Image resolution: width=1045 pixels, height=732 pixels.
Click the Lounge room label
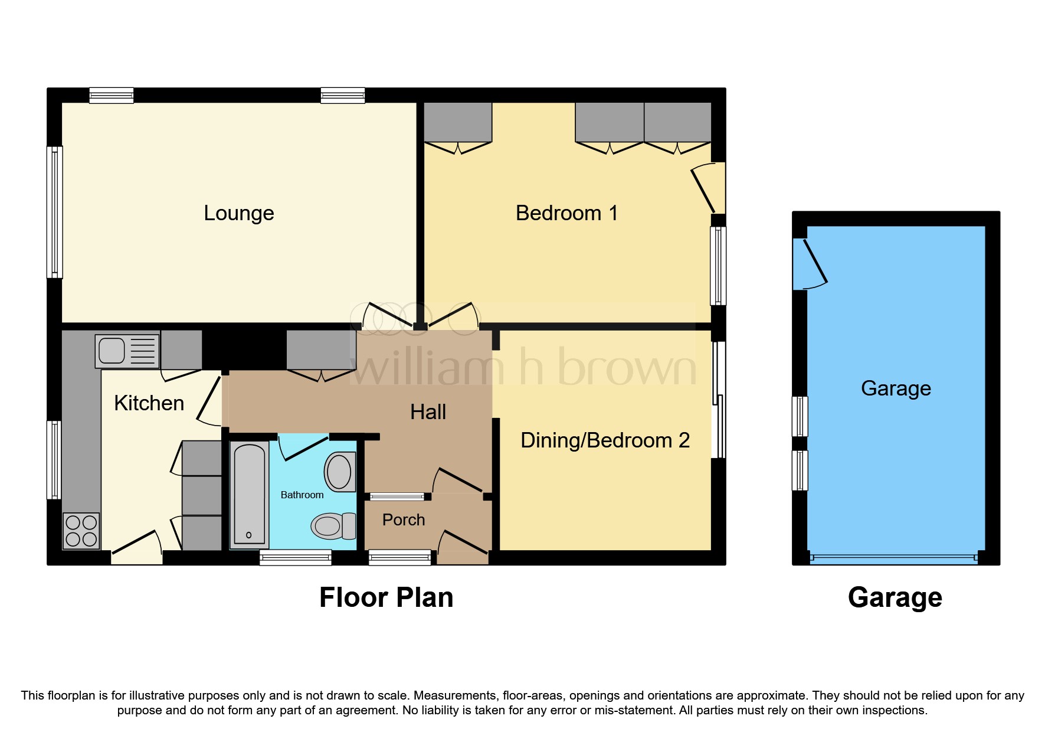(x=239, y=213)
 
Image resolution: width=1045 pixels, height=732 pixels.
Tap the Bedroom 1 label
(x=566, y=213)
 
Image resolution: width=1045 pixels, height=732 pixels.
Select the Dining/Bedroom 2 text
(x=605, y=440)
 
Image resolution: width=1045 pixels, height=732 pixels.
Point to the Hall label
(x=428, y=412)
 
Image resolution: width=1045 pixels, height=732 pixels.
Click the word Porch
(x=404, y=520)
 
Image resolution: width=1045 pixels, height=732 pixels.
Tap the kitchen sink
(x=127, y=351)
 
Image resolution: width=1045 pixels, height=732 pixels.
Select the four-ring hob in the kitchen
(x=81, y=530)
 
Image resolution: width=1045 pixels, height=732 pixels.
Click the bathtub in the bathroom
(x=249, y=495)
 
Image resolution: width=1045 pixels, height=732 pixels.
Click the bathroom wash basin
(x=340, y=472)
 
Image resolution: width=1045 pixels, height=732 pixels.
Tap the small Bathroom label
(x=302, y=495)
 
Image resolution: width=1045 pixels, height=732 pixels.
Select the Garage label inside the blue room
(x=896, y=388)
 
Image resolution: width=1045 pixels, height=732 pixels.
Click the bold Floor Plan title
(x=386, y=597)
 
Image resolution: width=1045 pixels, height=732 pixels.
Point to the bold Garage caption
(x=895, y=597)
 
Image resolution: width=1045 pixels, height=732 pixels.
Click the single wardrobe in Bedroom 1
(x=458, y=122)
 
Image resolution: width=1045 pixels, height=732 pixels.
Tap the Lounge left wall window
(x=54, y=212)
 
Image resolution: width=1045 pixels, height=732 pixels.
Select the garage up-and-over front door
(x=893, y=557)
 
